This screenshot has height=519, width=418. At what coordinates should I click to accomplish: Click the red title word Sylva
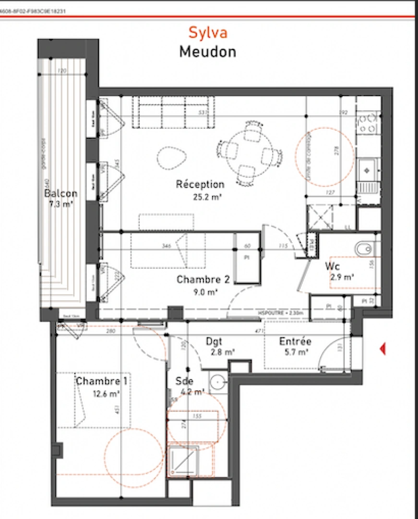click(207, 32)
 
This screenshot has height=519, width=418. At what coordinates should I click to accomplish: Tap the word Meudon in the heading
click(207, 51)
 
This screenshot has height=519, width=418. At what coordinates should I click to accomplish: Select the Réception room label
click(200, 184)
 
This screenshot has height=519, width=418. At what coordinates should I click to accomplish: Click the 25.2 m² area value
click(200, 196)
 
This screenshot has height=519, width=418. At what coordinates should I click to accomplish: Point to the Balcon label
click(60, 194)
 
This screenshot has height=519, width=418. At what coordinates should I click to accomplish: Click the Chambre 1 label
click(101, 381)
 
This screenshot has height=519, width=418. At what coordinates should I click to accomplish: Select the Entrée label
click(295, 342)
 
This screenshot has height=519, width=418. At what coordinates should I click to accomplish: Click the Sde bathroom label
click(184, 381)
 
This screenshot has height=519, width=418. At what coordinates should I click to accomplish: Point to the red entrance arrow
click(382, 349)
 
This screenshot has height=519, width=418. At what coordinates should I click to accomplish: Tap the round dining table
click(250, 151)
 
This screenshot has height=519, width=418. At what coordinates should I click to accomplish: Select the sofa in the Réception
click(173, 111)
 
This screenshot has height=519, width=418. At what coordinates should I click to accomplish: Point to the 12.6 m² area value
click(106, 394)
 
